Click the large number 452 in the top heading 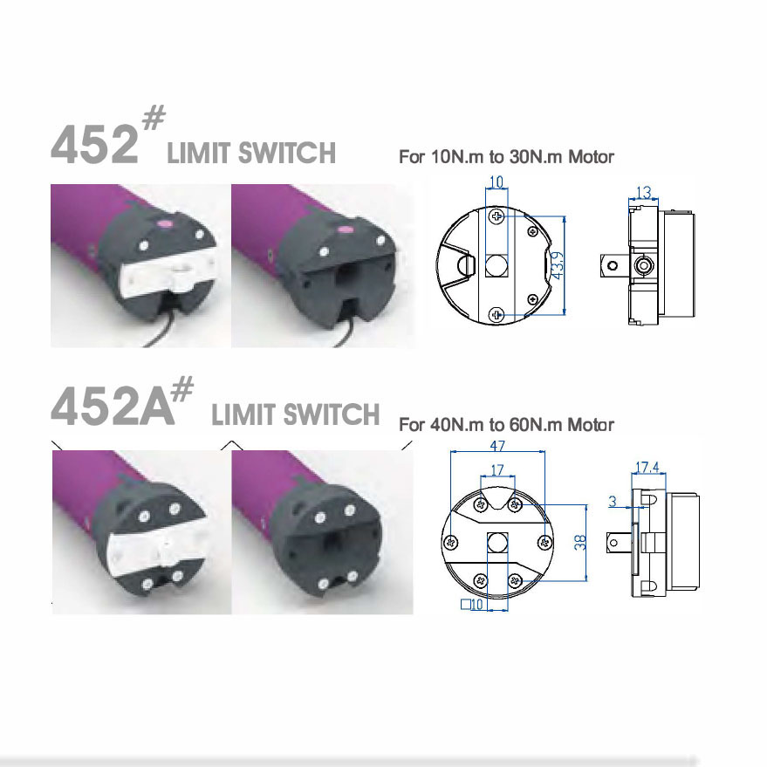tap(94, 144)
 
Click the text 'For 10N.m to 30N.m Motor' tap(506, 157)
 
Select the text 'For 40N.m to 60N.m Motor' tap(506, 425)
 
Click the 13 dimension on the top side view tap(644, 191)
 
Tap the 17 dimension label tap(497, 469)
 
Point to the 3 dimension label tap(613, 502)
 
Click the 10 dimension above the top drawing tap(496, 182)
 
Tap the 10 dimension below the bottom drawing tap(476, 605)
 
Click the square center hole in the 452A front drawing tap(496, 542)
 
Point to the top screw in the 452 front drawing tap(496, 215)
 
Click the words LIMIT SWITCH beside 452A tap(295, 414)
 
